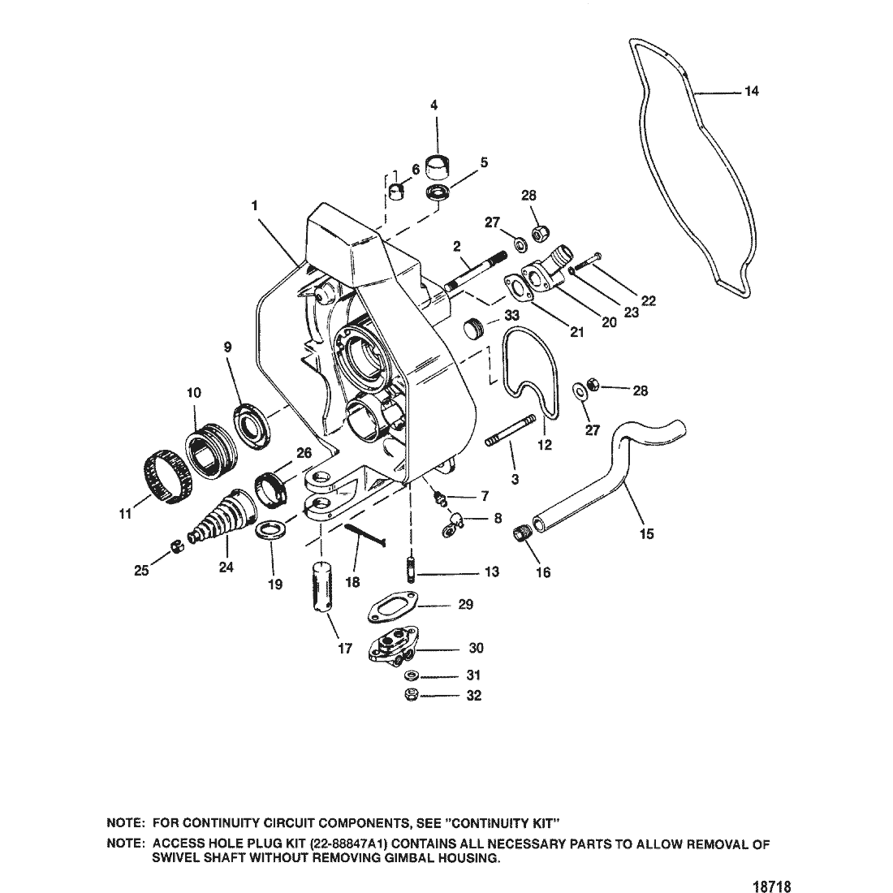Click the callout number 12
(545, 445)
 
